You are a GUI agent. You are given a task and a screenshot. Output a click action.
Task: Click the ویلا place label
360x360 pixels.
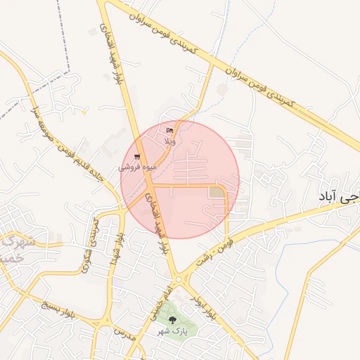tap(169, 141)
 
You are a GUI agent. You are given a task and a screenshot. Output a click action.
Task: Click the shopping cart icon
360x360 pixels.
tap(136, 157)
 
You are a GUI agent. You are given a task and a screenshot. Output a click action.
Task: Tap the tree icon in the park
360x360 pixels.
tap(172, 321)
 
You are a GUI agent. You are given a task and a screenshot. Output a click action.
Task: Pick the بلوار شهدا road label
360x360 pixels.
tap(116, 248)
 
